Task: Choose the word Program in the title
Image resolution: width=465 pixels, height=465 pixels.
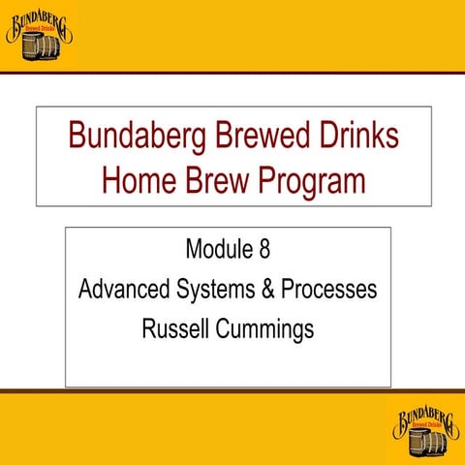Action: pyautogui.click(x=312, y=181)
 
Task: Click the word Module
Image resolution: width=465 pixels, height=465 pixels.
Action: pyautogui.click(x=219, y=250)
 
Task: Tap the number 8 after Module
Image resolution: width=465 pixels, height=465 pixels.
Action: pyautogui.click(x=264, y=250)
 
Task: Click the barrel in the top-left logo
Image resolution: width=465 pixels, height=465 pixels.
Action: pyautogui.click(x=38, y=46)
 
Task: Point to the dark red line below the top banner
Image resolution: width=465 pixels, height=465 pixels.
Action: pyautogui.click(x=232, y=73)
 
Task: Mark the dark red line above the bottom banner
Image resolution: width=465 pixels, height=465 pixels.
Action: pyautogui.click(x=232, y=391)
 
